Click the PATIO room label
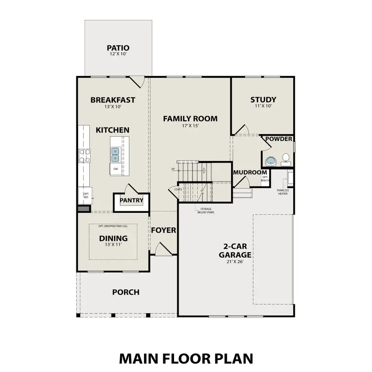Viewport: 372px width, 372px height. [118, 48]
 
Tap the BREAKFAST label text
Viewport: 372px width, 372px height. [113, 100]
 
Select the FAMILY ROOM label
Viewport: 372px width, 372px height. [190, 119]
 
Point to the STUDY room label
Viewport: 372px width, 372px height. [263, 100]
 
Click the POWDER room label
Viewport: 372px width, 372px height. [279, 139]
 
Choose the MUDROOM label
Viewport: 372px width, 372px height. [250, 172]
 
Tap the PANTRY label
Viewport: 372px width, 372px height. [131, 200]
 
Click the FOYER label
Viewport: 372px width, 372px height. [163, 230]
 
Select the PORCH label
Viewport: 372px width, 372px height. [126, 292]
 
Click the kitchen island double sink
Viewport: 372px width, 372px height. [115, 155]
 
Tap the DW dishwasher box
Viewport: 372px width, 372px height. [116, 169]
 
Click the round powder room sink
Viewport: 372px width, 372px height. [271, 160]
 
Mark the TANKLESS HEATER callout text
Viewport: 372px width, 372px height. [283, 192]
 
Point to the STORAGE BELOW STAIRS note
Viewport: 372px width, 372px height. [205, 211]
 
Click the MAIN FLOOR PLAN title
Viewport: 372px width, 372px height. [186, 358]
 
